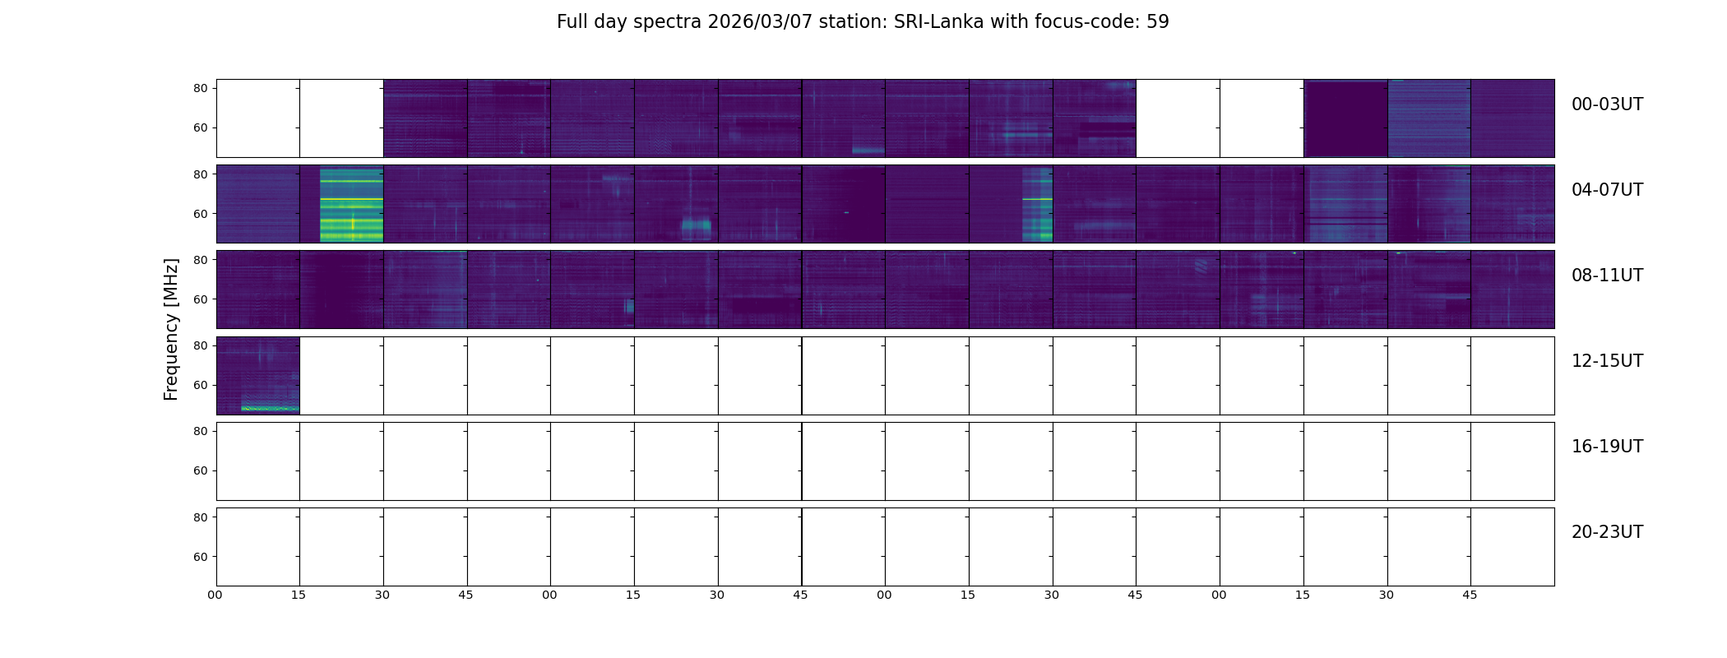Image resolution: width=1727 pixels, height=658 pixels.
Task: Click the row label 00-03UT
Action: (1607, 104)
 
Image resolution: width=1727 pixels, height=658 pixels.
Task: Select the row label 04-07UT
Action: (1607, 190)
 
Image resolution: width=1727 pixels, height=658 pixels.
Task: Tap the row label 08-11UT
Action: (1607, 276)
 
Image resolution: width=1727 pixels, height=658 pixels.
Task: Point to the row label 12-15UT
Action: (1607, 361)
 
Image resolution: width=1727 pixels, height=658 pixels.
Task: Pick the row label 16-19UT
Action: (1607, 447)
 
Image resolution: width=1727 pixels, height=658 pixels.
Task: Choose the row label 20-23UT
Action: (1607, 532)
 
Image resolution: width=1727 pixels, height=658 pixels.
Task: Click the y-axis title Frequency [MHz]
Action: (171, 329)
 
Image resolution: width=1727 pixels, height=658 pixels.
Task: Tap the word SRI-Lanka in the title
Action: (938, 22)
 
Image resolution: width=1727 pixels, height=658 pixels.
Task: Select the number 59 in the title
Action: (1157, 22)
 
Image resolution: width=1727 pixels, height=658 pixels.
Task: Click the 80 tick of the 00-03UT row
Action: (200, 88)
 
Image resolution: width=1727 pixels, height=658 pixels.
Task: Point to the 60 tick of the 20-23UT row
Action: (200, 557)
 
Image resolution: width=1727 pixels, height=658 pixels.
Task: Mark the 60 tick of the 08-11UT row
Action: (200, 299)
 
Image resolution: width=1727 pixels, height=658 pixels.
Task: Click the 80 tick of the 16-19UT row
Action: (200, 431)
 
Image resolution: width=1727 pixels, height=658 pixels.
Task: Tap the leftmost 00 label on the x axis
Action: (215, 595)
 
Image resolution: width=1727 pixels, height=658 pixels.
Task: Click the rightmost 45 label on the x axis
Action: (1470, 595)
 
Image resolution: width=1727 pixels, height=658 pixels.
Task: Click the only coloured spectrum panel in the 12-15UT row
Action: (258, 376)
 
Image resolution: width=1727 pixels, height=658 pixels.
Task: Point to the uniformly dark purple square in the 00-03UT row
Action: (1345, 118)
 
